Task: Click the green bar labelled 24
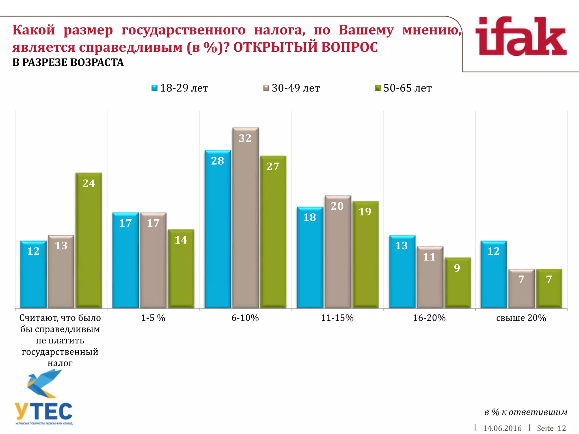(89, 240)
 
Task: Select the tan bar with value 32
(245, 218)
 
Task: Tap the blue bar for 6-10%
(218, 229)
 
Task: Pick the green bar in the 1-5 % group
(181, 268)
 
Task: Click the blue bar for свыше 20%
(494, 274)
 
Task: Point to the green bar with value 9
(457, 283)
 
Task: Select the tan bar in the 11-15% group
(338, 251)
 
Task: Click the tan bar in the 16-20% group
(430, 277)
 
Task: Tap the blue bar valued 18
(310, 257)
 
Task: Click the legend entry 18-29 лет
(180, 88)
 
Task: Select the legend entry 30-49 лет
(292, 88)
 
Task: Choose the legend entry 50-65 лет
(403, 88)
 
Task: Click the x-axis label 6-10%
(245, 318)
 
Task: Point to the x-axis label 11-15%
(337, 318)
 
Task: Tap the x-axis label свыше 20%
(521, 318)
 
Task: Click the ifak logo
(521, 37)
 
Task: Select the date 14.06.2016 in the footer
(502, 428)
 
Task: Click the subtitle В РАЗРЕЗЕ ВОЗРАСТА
(68, 62)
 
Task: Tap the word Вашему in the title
(366, 30)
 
